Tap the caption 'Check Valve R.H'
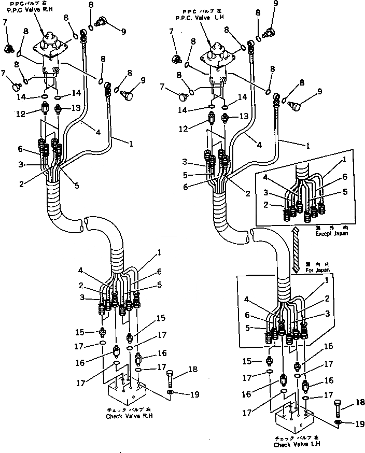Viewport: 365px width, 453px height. [x=129, y=416]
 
